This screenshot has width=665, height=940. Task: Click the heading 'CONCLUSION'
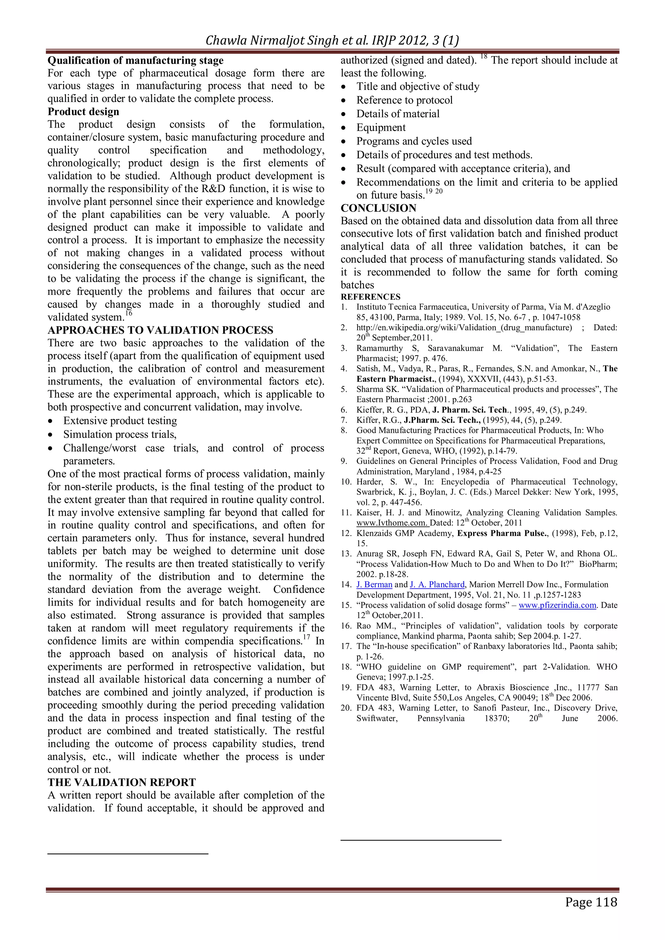point(378,208)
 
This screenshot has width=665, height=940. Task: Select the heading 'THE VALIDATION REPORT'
point(122,782)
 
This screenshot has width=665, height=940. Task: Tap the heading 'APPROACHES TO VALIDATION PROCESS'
point(160,330)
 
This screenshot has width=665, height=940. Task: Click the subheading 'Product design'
point(83,112)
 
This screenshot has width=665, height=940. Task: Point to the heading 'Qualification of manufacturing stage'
point(135,61)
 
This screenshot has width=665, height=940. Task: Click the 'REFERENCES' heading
point(370,297)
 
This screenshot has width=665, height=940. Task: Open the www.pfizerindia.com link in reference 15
point(557,605)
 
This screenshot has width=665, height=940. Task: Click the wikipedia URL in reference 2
point(464,328)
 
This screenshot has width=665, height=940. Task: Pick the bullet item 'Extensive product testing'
point(120,421)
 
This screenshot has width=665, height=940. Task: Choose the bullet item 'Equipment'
point(381,128)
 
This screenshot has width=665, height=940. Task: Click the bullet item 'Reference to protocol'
point(404,100)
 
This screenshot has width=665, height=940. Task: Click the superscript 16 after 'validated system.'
point(129,314)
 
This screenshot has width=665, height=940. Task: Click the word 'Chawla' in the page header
point(224,41)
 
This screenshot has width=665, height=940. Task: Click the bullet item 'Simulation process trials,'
point(119,434)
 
